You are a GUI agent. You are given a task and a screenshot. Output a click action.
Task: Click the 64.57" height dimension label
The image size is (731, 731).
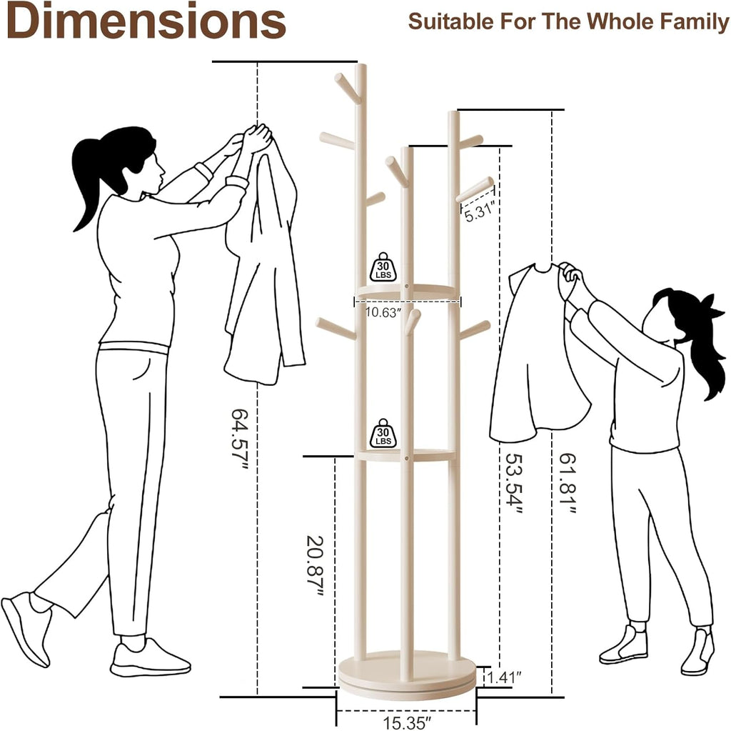[x=240, y=439]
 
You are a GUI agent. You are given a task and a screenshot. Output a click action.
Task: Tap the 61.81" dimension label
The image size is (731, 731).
[x=568, y=484]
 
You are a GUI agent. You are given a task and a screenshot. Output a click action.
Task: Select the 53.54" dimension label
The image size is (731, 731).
[x=514, y=484]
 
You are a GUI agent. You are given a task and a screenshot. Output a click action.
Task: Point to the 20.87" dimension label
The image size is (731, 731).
[x=315, y=566]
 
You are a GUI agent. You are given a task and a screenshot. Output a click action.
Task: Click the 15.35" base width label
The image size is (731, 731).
[x=405, y=722]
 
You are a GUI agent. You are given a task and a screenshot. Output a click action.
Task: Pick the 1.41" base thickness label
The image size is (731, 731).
[x=505, y=677]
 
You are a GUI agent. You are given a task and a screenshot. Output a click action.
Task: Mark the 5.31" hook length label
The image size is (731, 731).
[x=479, y=214]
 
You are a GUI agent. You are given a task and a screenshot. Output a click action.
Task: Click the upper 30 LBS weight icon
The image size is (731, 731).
[x=383, y=267]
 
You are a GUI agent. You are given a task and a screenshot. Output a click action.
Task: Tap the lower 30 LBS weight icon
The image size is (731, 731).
[x=383, y=433]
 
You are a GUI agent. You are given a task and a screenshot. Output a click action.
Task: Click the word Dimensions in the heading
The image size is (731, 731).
[x=146, y=21]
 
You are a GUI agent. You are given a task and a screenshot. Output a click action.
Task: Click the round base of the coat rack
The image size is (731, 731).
[x=407, y=676]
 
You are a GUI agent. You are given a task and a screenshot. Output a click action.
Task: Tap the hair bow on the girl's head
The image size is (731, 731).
[x=712, y=307]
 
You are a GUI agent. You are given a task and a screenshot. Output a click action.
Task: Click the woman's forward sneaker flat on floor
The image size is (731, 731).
[x=150, y=659]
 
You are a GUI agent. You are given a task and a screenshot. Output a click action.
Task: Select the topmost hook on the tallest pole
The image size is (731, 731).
[x=348, y=88]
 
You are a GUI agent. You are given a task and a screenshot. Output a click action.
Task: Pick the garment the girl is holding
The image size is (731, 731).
[x=538, y=352]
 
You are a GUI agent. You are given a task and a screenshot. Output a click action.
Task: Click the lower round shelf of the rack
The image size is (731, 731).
[x=407, y=455]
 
